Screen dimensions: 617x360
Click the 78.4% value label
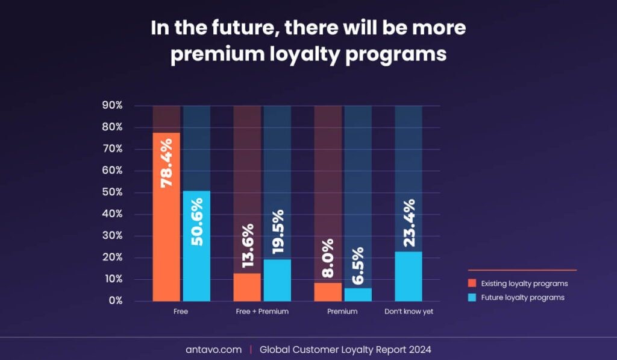click(x=166, y=163)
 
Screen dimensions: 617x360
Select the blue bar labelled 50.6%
click(x=197, y=246)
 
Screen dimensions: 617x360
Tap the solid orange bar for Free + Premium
click(x=247, y=287)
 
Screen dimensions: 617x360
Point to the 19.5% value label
click(x=277, y=232)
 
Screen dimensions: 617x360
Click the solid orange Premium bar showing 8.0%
click(x=328, y=292)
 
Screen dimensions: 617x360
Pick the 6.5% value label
click(x=358, y=265)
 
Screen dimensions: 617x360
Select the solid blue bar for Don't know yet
click(x=409, y=277)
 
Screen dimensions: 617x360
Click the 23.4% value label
click(x=409, y=223)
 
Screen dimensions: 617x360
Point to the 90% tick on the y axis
click(x=113, y=105)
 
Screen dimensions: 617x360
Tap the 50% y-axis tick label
click(x=113, y=192)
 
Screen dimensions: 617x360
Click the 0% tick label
click(x=116, y=300)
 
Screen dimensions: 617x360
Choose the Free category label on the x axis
click(x=181, y=311)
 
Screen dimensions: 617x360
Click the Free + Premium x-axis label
click(x=262, y=311)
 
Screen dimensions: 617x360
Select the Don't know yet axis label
click(x=409, y=311)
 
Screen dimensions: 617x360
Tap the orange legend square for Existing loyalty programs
click(x=472, y=283)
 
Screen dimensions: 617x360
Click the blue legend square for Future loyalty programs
click(x=472, y=297)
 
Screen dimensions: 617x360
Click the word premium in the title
click(x=217, y=54)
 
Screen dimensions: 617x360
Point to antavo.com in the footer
click(x=214, y=349)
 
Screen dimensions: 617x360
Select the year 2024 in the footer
click(x=420, y=349)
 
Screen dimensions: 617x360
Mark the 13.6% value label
click(x=248, y=246)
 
